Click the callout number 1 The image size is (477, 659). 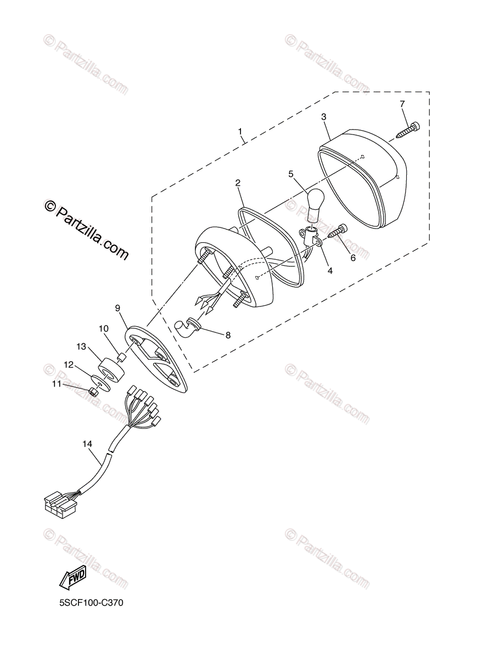click(x=240, y=131)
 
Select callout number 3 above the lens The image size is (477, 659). click(x=324, y=117)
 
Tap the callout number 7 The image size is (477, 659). click(x=402, y=104)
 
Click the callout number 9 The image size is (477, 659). click(x=117, y=308)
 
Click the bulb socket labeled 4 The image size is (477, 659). click(x=311, y=237)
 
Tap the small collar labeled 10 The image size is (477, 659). click(x=123, y=359)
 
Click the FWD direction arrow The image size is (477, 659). click(x=72, y=577)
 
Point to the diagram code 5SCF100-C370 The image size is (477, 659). click(x=92, y=602)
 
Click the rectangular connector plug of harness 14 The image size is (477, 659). click(x=57, y=504)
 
